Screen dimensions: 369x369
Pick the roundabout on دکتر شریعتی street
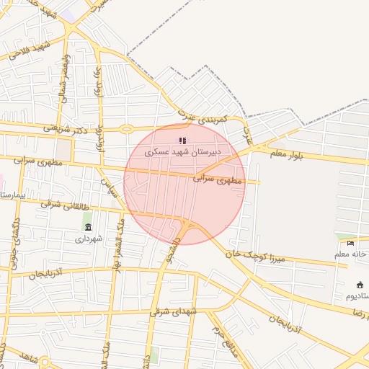tap(127, 130)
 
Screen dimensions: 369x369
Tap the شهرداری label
tap(89, 238)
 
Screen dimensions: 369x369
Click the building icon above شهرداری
tap(88, 227)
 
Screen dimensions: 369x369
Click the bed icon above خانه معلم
tap(351, 243)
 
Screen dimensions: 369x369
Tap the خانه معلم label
tap(351, 254)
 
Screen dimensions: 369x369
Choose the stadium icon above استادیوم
tap(360, 285)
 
